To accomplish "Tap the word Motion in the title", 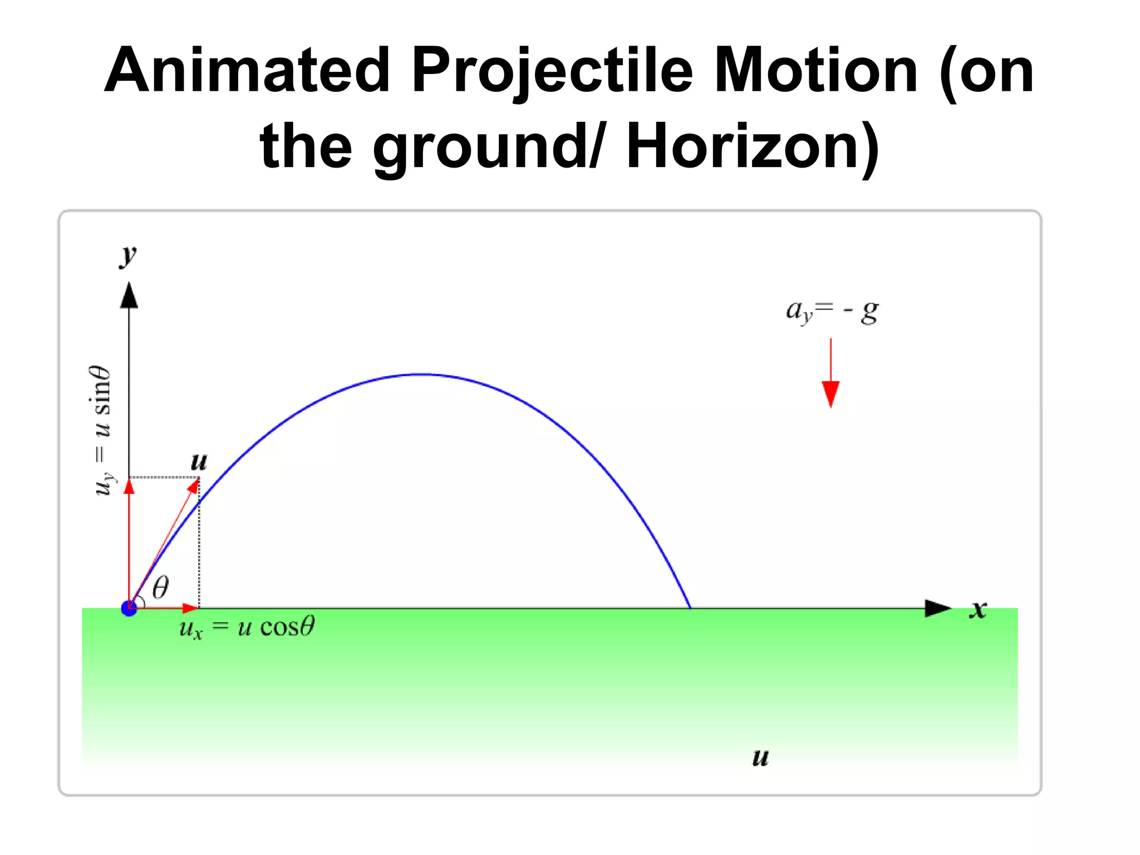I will point(815,71).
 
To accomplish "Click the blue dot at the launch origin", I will point(129,608).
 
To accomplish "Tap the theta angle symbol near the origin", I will point(160,587).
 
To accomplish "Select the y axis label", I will point(129,255).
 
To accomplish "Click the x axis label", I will point(978,609).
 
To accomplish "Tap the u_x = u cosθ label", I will point(247,627).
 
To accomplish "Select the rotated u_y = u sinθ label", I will point(102,430).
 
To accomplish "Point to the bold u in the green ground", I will point(760,758).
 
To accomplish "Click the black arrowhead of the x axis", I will point(938,608).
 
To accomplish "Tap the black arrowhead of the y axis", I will point(129,296).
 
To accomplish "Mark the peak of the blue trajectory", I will point(423,375).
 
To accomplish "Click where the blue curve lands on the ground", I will point(690,608).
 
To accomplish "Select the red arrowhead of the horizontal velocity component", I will point(190,608).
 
